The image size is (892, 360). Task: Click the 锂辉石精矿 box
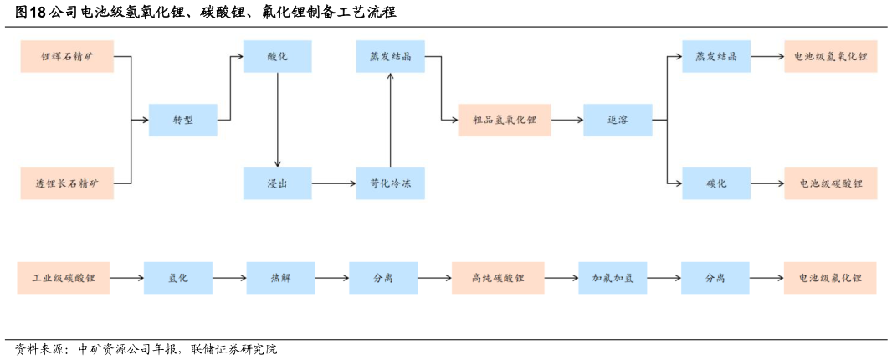[x=67, y=57]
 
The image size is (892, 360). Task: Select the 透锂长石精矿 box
[x=67, y=183]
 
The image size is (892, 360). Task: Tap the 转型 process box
[x=182, y=120]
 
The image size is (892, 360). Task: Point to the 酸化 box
[x=277, y=57]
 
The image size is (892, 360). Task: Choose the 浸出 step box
[x=277, y=183]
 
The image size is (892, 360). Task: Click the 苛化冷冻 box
[x=390, y=183]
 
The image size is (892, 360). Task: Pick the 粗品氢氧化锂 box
[x=505, y=120]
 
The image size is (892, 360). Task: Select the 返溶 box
[x=618, y=120]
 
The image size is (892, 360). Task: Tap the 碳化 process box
[x=715, y=183]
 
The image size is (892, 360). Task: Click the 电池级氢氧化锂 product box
[x=831, y=57]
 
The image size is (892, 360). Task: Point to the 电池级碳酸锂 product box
[x=831, y=183]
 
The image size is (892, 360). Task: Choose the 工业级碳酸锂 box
[x=64, y=278]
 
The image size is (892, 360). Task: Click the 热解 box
[x=280, y=278]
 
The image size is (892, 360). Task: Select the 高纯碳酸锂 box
[x=498, y=278]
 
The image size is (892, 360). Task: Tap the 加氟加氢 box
[x=613, y=278]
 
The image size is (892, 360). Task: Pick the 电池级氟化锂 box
[x=830, y=278]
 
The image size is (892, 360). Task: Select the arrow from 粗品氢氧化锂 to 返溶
[x=567, y=120]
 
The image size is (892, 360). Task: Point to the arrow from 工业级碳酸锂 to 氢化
[x=126, y=278]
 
